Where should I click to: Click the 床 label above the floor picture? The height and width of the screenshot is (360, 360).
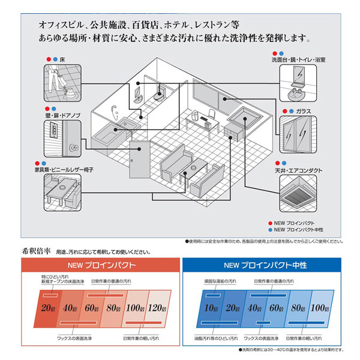pyautogui.click(x=62, y=60)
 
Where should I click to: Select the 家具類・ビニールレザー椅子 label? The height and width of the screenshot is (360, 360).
pyautogui.click(x=65, y=170)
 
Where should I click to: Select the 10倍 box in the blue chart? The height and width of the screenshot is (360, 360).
pyautogui.click(x=210, y=309)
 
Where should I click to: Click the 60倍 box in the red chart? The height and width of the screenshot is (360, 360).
pyautogui.click(x=92, y=309)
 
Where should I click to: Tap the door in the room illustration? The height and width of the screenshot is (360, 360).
pyautogui.click(x=137, y=165)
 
